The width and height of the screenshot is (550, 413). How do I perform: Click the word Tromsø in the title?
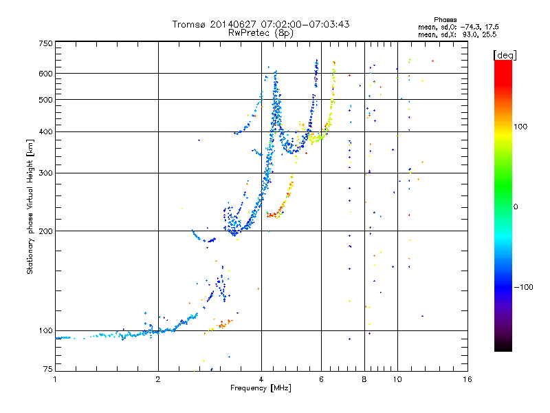coord(189,24)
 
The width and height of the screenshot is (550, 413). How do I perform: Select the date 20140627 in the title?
coord(231,24)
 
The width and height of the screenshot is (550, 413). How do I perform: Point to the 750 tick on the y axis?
coord(45,43)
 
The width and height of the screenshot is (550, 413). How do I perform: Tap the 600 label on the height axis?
coord(45,74)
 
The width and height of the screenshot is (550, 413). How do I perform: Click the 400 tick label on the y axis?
coord(45,132)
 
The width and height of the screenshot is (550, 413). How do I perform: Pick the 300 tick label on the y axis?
coord(45,173)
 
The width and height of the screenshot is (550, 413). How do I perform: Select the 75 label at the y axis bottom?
coord(47,370)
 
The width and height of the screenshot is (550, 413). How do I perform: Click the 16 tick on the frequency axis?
coord(467,379)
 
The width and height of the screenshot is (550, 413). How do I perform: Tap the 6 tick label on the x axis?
coord(321,379)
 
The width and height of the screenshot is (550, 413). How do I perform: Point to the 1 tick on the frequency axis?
coord(56,379)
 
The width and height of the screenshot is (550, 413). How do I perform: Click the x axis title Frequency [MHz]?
coord(261,388)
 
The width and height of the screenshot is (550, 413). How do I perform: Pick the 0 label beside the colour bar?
coord(518,206)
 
